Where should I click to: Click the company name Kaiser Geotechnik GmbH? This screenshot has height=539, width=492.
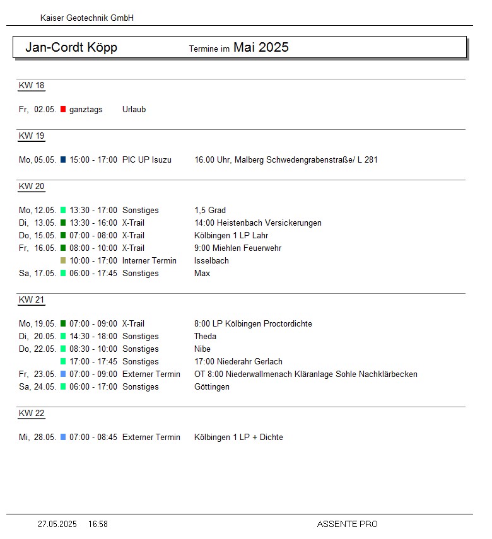click(87, 18)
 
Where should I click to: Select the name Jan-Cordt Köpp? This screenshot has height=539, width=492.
click(71, 48)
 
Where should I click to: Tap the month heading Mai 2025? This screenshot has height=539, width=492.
click(261, 47)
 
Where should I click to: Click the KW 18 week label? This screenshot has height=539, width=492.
click(32, 86)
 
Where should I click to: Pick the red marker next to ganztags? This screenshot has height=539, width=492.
click(63, 110)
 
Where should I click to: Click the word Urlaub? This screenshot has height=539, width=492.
click(134, 110)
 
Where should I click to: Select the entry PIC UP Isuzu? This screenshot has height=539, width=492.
click(147, 160)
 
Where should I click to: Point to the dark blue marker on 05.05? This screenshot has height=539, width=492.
click(63, 160)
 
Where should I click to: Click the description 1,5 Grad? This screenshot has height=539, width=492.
click(210, 211)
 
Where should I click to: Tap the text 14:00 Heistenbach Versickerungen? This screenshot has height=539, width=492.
click(258, 223)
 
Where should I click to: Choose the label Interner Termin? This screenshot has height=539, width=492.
click(149, 261)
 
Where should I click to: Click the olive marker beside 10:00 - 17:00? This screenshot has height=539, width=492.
click(63, 261)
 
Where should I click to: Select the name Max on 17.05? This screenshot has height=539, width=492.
click(202, 274)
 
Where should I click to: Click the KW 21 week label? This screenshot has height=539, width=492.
click(32, 300)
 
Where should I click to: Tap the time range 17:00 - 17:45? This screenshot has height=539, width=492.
click(93, 362)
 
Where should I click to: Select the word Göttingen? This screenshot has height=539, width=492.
click(212, 387)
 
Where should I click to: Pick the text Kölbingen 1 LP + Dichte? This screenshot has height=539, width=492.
click(238, 438)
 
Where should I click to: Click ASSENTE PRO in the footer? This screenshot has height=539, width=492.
click(347, 525)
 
